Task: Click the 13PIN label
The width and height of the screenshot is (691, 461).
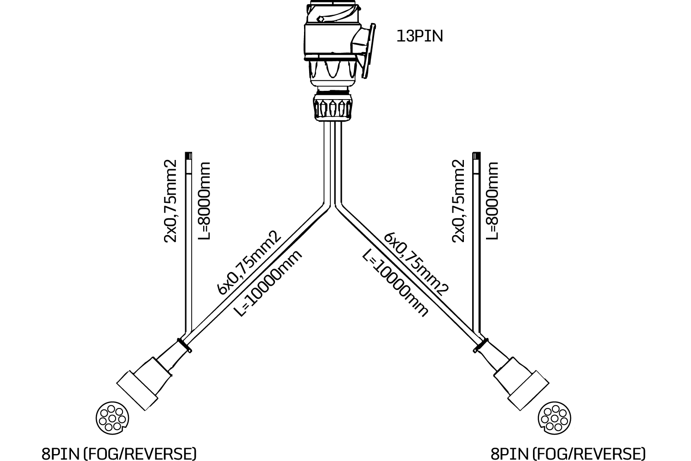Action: click(419, 36)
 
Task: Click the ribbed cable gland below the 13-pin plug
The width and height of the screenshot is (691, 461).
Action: click(332, 107)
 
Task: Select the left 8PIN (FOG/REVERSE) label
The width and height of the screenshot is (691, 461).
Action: click(119, 453)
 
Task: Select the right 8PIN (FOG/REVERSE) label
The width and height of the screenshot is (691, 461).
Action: click(568, 453)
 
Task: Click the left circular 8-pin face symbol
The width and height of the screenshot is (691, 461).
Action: click(112, 417)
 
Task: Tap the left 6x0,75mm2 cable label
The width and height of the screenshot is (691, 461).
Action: click(249, 263)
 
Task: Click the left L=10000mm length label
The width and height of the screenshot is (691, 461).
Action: click(269, 283)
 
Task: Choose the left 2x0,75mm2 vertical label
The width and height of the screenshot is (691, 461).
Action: click(170, 201)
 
